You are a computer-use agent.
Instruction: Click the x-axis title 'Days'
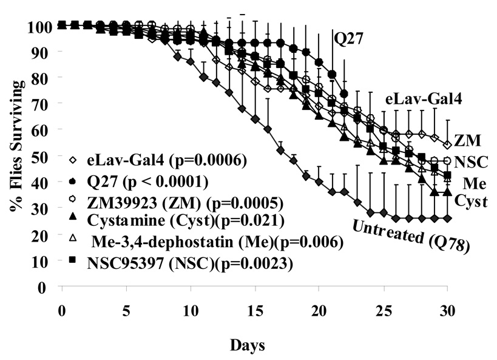tap(247, 345)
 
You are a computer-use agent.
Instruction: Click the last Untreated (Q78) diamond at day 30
tap(447, 218)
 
